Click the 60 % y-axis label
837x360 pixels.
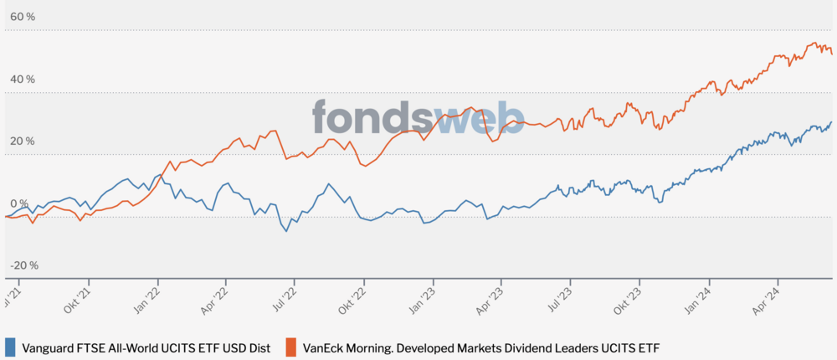22,18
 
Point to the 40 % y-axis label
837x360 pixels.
22,80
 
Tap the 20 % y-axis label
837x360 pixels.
22,141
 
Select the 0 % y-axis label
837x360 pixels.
18,203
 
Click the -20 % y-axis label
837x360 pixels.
23,265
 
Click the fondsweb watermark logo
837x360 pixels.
418,118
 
